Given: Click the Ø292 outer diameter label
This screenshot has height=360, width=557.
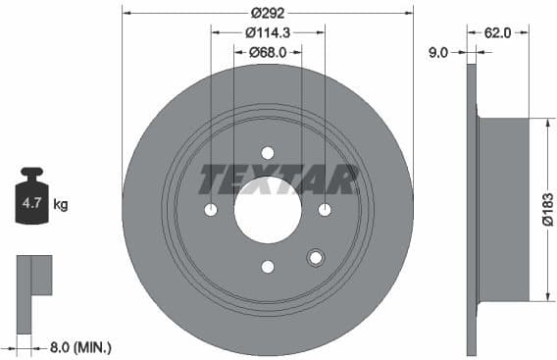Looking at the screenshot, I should point(268,13).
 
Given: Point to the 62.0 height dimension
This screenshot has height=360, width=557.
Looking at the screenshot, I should point(497,32).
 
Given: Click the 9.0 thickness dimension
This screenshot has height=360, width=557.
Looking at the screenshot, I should point(438,53).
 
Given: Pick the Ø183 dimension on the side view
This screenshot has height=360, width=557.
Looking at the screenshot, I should point(547,209).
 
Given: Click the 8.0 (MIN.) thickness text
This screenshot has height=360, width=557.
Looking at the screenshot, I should point(79,346).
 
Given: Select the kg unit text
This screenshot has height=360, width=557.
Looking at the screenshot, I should point(60,205).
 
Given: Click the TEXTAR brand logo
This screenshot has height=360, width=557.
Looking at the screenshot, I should point(279,180).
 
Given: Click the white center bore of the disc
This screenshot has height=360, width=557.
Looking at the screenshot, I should point(268,210).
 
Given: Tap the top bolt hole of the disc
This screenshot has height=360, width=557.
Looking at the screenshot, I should point(268,153).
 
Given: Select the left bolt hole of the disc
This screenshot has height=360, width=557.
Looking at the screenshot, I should point(211,210).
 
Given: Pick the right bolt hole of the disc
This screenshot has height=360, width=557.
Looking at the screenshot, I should point(325,210).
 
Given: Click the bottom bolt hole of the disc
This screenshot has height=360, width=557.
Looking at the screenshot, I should point(268,267).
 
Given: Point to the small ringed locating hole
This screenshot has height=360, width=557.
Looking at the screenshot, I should point(315,258).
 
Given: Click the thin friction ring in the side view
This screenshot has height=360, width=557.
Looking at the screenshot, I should point(471,209).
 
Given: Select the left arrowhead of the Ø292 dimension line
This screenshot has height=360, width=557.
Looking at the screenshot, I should point(127,13).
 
